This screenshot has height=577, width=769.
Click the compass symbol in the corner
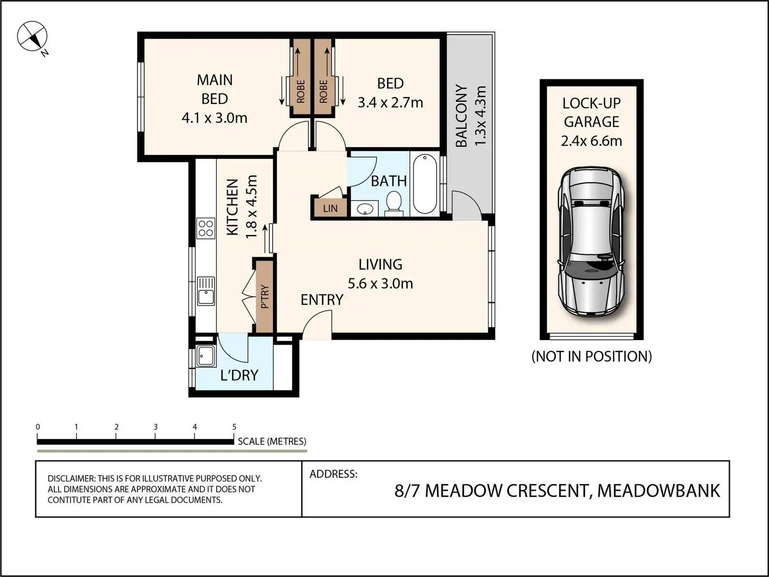32,36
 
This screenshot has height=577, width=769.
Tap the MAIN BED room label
214,89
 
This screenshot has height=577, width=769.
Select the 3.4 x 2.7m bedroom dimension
390,102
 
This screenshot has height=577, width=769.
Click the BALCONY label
461,115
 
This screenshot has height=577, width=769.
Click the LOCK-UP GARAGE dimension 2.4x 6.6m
591,141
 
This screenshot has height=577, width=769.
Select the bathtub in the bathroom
425,184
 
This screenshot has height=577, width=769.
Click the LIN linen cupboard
330,209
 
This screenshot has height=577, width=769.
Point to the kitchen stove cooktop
206,228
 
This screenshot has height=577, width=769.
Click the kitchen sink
206,291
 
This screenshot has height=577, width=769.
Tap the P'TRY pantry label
265,296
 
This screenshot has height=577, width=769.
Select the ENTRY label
322,300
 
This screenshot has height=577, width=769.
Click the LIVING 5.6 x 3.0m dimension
380,283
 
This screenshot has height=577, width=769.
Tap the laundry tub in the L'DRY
206,356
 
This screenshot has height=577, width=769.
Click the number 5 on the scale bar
235,427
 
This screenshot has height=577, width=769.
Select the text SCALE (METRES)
272,442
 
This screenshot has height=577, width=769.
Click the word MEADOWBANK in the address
659,490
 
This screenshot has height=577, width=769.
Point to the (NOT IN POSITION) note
592,357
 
